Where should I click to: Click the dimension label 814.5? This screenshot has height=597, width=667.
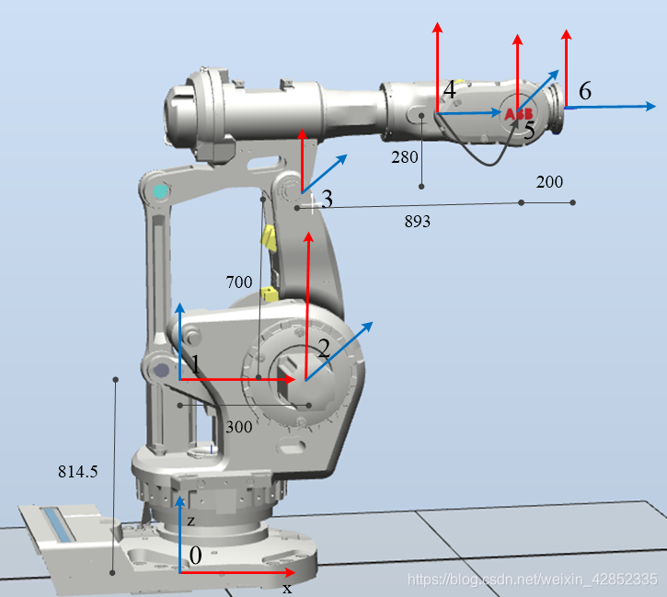coord(78,472)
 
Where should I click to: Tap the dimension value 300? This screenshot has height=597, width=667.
coord(238,427)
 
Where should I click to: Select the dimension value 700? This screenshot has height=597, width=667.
coord(239,281)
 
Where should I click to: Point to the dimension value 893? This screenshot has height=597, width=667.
coord(418,221)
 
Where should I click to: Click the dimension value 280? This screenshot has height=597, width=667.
coord(405,157)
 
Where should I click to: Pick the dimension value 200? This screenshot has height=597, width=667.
coord(549,182)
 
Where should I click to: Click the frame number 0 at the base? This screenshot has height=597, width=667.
coord(195,556)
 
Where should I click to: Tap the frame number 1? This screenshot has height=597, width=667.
coord(195,365)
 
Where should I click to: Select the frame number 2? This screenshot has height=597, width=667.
coord(324,349)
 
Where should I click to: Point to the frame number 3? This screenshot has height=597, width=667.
coord(327,199)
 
